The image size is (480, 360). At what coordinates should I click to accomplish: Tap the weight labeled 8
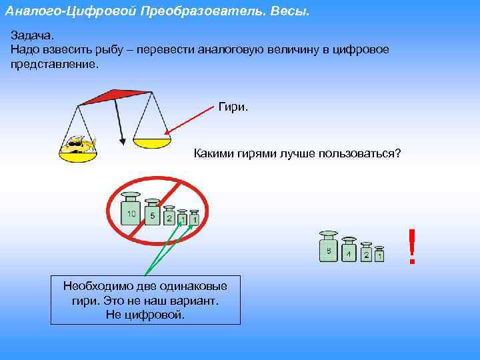click(328, 249)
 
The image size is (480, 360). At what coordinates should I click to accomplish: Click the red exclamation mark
click(412, 247)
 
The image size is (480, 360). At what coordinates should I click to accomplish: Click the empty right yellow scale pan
click(152, 141)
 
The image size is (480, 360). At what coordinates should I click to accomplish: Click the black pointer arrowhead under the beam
click(123, 140)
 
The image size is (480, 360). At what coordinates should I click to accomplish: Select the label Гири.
click(233, 107)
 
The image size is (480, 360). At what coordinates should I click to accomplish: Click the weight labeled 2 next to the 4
click(366, 253)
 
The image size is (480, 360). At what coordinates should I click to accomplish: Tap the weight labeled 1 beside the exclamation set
click(379, 255)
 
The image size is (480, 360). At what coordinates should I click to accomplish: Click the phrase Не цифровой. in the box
click(145, 314)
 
